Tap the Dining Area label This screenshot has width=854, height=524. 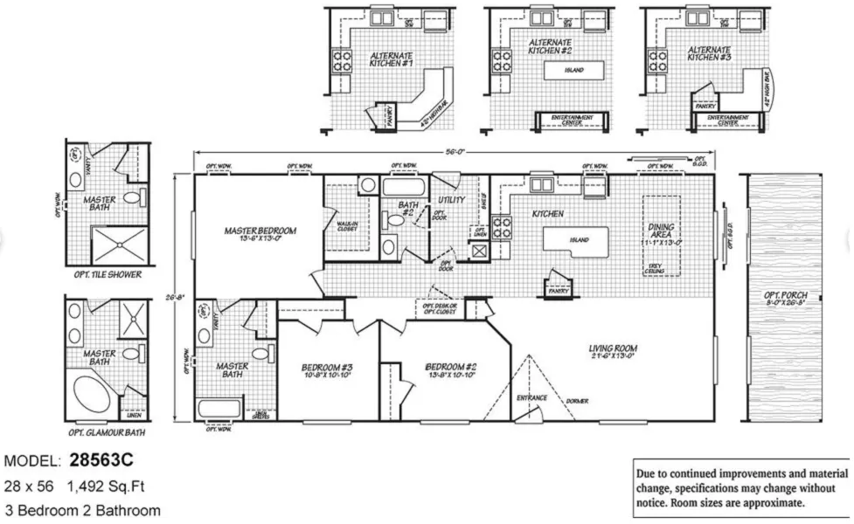point(661,232)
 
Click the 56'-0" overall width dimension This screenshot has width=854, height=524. point(454,152)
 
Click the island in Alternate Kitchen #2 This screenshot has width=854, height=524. point(573,70)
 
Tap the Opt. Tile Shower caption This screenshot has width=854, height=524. point(102,274)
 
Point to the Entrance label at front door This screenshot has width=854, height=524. point(531,398)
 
